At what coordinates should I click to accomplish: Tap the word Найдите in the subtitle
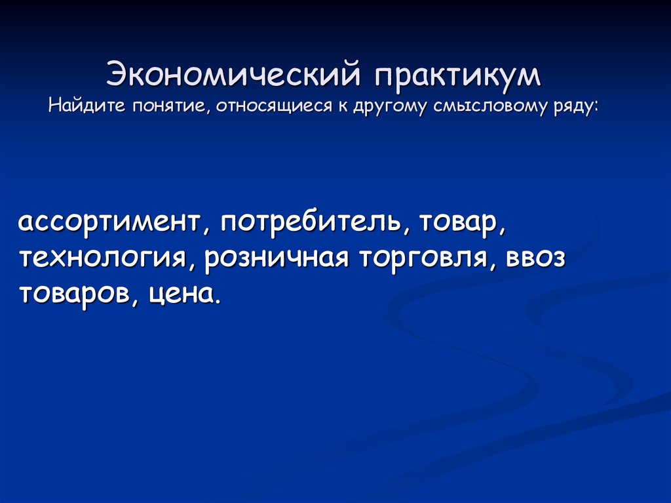click(86, 106)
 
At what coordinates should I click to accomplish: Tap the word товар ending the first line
click(461, 223)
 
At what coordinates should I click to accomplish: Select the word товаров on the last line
click(73, 293)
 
